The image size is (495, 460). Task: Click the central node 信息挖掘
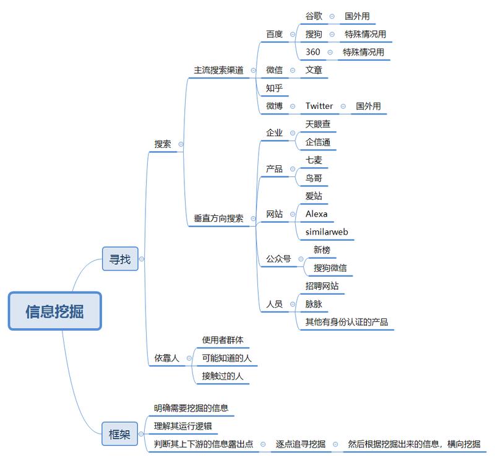tap(54, 311)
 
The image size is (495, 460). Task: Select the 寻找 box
tap(119, 259)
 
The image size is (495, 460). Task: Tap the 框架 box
tap(119, 434)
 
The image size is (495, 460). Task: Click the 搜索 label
tap(163, 144)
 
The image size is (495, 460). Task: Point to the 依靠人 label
tap(166, 358)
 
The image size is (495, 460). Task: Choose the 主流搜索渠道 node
tap(218, 70)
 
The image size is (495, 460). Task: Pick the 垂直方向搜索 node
tap(218, 218)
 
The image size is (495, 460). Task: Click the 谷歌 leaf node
tap(314, 16)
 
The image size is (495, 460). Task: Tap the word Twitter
tap(319, 106)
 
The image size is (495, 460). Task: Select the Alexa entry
tap(316, 214)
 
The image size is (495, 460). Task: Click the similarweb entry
tap(327, 232)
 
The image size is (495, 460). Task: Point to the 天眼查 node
tap(318, 124)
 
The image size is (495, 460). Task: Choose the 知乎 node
tap(274, 88)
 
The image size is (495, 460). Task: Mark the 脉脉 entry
tap(314, 304)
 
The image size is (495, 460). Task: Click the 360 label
tap(312, 52)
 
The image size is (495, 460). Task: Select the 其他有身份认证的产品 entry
tap(346, 322)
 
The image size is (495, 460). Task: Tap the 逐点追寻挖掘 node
tap(300, 443)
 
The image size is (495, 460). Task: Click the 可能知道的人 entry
tap(226, 358)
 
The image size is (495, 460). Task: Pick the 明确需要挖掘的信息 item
tap(191, 407)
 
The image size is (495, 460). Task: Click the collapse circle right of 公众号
tap(300, 259)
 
